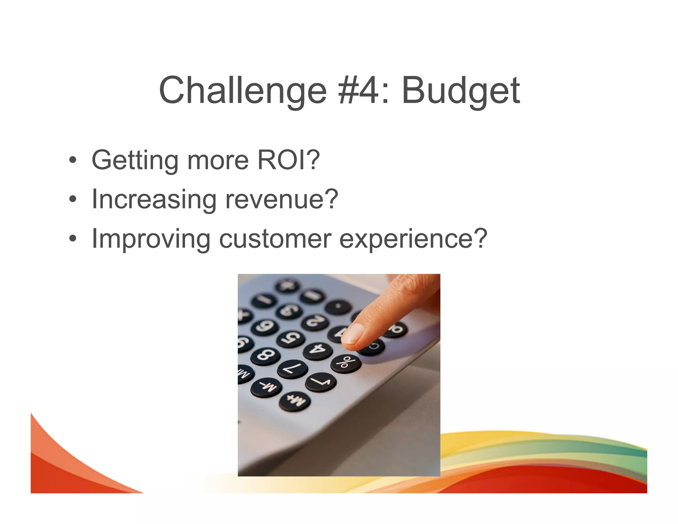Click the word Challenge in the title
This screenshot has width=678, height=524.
tap(243, 90)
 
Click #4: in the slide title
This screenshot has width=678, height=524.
tap(363, 90)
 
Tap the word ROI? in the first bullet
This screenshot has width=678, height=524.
tap(288, 160)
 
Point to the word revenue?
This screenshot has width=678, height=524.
tap(281, 199)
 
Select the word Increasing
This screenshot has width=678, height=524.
tap(154, 200)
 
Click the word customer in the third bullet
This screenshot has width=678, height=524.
tap(275, 239)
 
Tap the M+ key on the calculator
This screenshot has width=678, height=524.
tap(295, 401)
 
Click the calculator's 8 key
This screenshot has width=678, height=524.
tap(265, 355)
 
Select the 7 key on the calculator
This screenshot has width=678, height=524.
tap(293, 368)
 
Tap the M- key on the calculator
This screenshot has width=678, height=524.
tap(266, 387)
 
